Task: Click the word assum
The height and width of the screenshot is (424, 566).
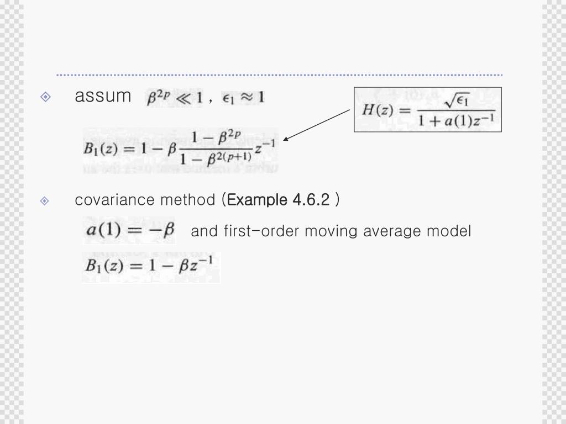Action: point(102,96)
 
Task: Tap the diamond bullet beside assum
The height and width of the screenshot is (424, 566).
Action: point(45,97)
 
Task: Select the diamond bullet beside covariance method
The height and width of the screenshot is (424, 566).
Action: point(45,201)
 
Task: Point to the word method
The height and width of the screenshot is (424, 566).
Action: point(188,200)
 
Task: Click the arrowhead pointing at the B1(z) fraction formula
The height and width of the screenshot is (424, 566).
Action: point(286,139)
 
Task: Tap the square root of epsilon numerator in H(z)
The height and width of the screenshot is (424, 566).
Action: point(457,100)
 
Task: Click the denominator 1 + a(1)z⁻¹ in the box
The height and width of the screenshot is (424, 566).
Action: point(456,120)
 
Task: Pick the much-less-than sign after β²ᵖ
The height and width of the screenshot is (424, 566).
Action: point(184,98)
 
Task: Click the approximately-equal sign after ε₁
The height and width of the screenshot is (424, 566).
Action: point(246,98)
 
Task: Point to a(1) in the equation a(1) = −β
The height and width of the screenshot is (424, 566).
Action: point(103,230)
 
